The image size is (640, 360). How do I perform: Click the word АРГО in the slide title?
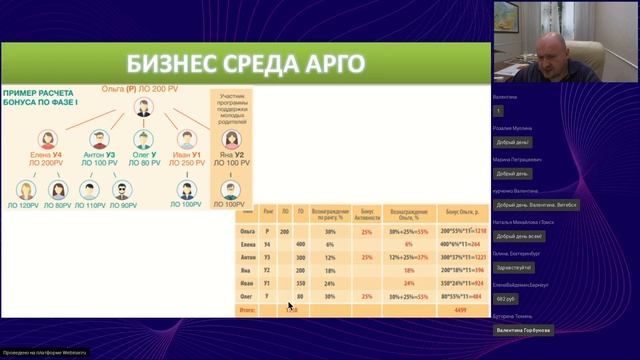[333, 65]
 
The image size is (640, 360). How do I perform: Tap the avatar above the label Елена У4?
[45, 138]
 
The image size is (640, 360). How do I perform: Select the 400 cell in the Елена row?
[301, 244]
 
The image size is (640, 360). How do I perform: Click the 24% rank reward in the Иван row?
[330, 282]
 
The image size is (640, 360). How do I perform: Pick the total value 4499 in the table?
[460, 309]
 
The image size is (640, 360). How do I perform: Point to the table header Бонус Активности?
[367, 214]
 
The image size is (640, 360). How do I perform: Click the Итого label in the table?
[250, 309]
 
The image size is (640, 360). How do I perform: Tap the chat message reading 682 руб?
[505, 297]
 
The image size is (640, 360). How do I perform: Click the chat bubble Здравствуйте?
[514, 267]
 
